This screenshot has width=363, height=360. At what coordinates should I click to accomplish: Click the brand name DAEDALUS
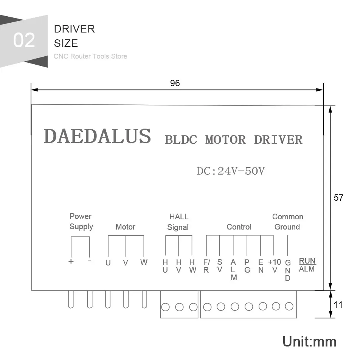(x=97, y=136)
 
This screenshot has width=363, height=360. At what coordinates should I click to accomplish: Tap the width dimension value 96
(x=175, y=83)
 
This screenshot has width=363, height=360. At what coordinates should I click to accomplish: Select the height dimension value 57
(x=338, y=197)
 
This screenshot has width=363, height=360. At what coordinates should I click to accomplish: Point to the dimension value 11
(x=338, y=304)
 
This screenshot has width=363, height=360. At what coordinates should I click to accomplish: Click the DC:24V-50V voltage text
(x=230, y=171)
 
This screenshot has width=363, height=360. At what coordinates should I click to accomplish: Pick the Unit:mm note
(x=309, y=341)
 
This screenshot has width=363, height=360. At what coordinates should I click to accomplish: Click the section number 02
(x=24, y=40)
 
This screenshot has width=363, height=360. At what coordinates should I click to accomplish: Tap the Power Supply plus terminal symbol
(x=71, y=261)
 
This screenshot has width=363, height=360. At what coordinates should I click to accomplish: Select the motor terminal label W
(x=144, y=262)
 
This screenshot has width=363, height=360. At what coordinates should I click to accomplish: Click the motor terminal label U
(x=108, y=262)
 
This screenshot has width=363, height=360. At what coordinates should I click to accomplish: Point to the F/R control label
(x=206, y=266)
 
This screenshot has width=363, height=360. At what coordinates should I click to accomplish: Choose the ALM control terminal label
(x=234, y=270)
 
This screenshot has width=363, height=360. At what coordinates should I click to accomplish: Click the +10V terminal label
(x=275, y=265)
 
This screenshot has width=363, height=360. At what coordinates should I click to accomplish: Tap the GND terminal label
(x=288, y=270)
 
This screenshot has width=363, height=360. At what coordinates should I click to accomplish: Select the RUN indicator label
(x=307, y=261)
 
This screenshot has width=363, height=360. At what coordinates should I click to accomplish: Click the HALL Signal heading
(x=178, y=222)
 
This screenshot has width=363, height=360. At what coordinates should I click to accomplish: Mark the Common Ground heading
(x=287, y=222)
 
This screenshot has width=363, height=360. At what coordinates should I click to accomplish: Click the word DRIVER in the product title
(x=278, y=140)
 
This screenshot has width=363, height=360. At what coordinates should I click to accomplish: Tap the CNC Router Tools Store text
(x=90, y=56)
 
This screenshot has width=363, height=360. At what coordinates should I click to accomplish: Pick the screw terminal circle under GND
(x=289, y=306)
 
